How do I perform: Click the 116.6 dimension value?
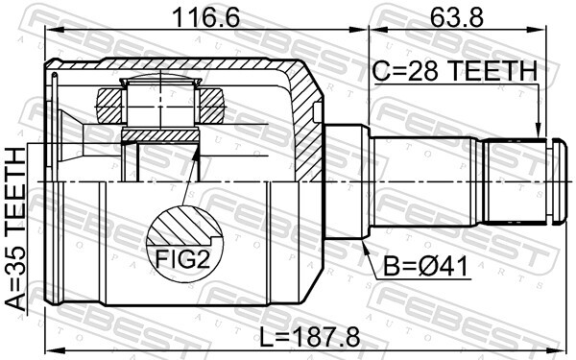(205, 17)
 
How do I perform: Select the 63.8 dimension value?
(457, 17)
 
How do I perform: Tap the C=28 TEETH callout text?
(455, 71)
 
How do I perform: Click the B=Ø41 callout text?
(426, 266)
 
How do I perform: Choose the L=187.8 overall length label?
(309, 338)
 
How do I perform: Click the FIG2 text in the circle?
(182, 258)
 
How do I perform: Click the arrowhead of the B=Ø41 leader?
(365, 246)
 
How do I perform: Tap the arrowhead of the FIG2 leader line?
(196, 155)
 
